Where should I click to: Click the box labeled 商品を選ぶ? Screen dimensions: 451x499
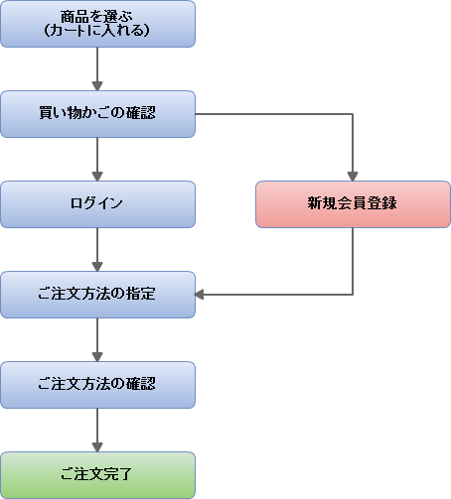pyautogui.click(x=97, y=24)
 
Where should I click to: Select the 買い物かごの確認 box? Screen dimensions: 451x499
pyautogui.click(x=97, y=114)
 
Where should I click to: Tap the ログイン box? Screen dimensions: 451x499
pyautogui.click(x=97, y=204)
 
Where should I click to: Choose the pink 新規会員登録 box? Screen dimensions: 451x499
pyautogui.click(x=353, y=204)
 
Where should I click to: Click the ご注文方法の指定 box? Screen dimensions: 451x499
pyautogui.click(x=97, y=295)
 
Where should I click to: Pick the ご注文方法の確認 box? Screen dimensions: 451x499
pyautogui.click(x=97, y=385)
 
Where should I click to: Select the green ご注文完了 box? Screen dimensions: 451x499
pyautogui.click(x=97, y=475)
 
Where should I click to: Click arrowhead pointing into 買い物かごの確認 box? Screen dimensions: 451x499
pyautogui.click(x=97, y=86)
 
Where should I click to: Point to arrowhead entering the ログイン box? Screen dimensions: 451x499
pyautogui.click(x=97, y=177)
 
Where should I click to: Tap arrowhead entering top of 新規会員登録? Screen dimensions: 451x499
pyautogui.click(x=353, y=177)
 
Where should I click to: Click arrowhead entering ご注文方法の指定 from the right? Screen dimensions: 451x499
pyautogui.click(x=199, y=295)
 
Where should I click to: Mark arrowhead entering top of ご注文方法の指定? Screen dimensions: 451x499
pyautogui.click(x=97, y=267)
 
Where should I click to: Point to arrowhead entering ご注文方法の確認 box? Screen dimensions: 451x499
pyautogui.click(x=97, y=357)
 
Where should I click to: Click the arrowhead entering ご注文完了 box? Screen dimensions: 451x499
pyautogui.click(x=97, y=447)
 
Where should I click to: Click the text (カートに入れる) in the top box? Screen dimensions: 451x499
pyautogui.click(x=96, y=31)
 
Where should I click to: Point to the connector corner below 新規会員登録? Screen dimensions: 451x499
pyautogui.click(x=353, y=295)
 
